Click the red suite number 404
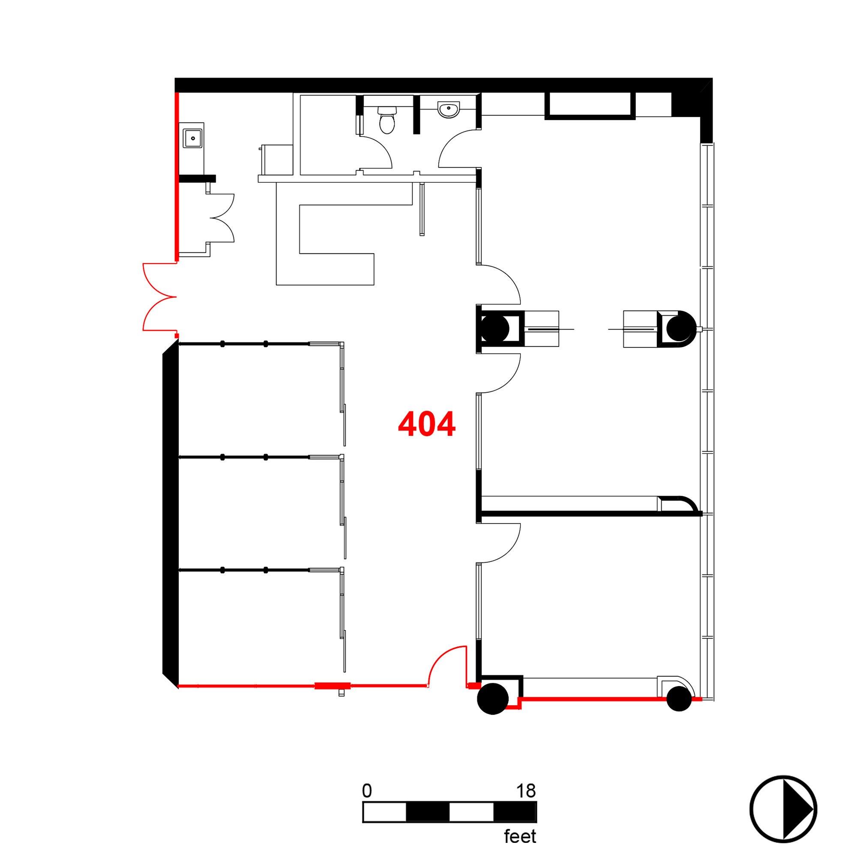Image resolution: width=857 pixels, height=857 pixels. [426, 424]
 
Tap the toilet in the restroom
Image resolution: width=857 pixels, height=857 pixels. [387, 120]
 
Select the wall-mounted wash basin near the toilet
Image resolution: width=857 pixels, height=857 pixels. [449, 109]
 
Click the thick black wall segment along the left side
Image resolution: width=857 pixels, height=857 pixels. [171, 515]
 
